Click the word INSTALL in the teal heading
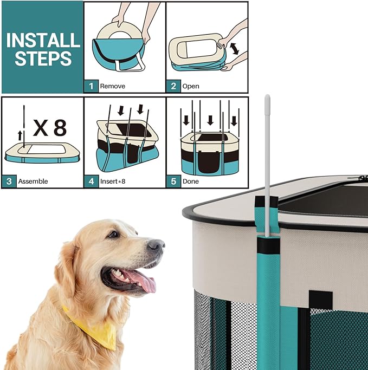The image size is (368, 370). (x=43, y=40)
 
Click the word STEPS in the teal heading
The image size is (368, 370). (x=43, y=59)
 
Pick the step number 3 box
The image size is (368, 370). (x=9, y=181)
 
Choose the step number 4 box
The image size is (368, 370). (x=91, y=181)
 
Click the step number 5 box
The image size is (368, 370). (x=173, y=181)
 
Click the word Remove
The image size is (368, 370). (x=113, y=86)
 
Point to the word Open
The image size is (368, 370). (x=191, y=86)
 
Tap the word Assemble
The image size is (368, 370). (x=34, y=181)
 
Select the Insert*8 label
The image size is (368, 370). (x=115, y=181)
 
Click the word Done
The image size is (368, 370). (x=191, y=181)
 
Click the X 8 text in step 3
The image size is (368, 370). (x=49, y=128)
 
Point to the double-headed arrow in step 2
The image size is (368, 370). (x=234, y=49)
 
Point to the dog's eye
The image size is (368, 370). (x=113, y=234)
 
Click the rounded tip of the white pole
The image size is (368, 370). (x=267, y=99)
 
